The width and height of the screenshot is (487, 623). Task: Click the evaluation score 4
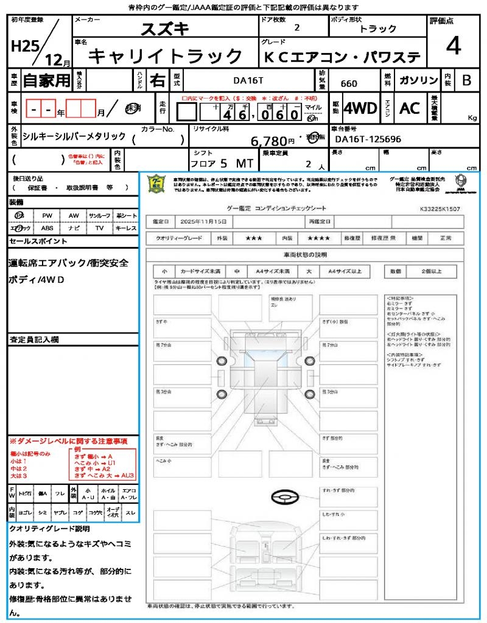[452, 46]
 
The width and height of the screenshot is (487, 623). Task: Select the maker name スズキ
[165, 29]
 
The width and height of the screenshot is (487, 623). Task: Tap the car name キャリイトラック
[166, 57]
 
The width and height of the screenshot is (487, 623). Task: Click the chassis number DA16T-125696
[366, 139]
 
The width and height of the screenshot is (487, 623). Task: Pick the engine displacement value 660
[349, 83]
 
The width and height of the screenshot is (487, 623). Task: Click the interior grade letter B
[466, 80]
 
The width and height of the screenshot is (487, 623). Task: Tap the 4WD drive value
[360, 109]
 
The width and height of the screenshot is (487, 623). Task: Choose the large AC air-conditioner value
[410, 108]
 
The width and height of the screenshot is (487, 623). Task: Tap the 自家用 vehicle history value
[47, 80]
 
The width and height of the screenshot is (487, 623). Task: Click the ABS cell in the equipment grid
[47, 228]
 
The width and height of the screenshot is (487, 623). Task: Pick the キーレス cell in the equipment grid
[126, 228]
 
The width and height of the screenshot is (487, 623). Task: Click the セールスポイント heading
[38, 242]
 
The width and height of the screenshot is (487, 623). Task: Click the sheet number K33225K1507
[440, 209]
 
